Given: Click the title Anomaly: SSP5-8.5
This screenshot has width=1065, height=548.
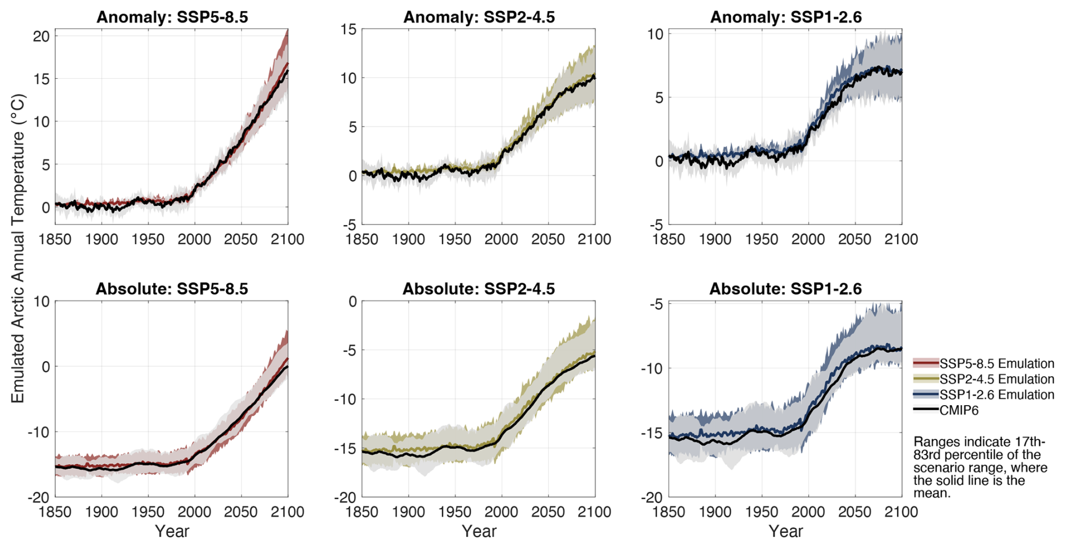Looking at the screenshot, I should (172, 17).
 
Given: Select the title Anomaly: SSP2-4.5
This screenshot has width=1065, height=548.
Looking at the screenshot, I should (479, 17).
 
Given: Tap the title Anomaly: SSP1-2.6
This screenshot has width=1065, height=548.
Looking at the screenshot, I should (786, 17).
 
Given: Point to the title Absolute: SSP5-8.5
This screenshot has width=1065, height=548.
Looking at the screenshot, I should (172, 289).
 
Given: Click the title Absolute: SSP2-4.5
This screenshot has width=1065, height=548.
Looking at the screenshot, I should (478, 289).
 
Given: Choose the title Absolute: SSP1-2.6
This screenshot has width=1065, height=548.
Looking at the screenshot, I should (785, 289).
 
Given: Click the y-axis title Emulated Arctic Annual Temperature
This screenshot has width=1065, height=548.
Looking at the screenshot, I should (18, 248).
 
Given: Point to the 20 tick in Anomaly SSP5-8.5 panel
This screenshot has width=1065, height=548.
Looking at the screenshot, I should (42, 36).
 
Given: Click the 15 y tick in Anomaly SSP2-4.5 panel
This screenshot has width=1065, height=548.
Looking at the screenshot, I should (349, 29).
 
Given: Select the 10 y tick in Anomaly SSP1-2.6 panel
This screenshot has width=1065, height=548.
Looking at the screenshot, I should (655, 34).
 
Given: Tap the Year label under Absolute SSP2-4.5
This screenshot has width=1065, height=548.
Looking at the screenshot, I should (479, 531).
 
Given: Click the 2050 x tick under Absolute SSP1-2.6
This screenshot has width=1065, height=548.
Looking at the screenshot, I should (854, 512).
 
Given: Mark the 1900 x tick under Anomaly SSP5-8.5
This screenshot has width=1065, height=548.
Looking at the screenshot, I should (101, 240).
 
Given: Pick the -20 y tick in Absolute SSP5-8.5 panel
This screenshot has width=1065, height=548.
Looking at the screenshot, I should (38, 497).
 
